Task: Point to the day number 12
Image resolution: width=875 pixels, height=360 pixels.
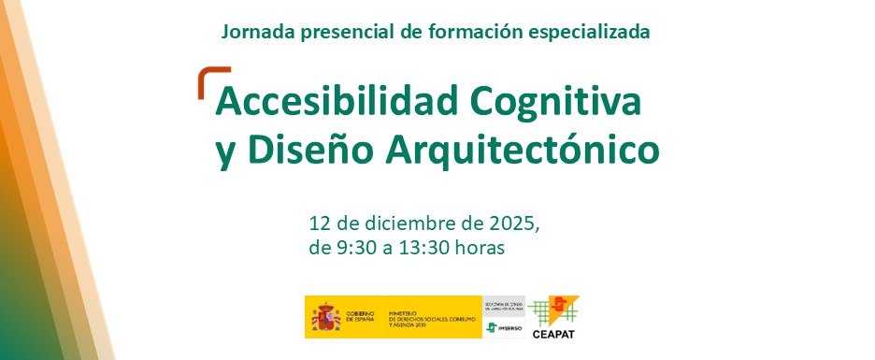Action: [320, 225]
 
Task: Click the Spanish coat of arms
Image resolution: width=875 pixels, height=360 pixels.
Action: [323, 317]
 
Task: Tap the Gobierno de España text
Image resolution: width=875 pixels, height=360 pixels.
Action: [360, 317]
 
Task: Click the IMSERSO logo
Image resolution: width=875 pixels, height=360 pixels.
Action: [504, 327]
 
